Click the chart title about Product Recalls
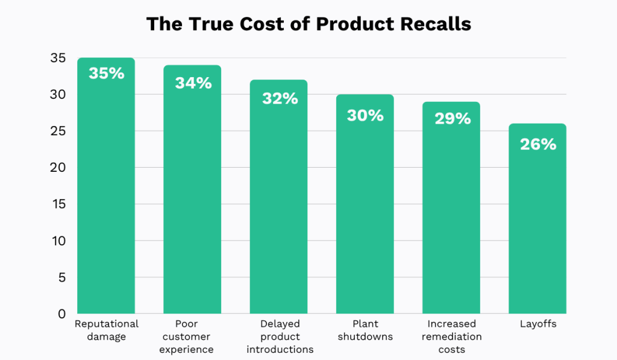pyautogui.click(x=308, y=24)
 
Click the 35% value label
pyautogui.click(x=106, y=74)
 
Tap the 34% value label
pyautogui.click(x=193, y=83)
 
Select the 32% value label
pyautogui.click(x=280, y=98)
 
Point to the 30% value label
pyautogui.click(x=365, y=115)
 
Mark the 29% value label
pyautogui.click(x=452, y=118)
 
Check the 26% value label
pyautogui.click(x=537, y=144)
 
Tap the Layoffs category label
pyautogui.click(x=538, y=324)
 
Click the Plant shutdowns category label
pyautogui.click(x=366, y=330)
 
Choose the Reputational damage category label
pyautogui.click(x=107, y=330)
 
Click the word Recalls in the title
pyautogui.click(x=437, y=24)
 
